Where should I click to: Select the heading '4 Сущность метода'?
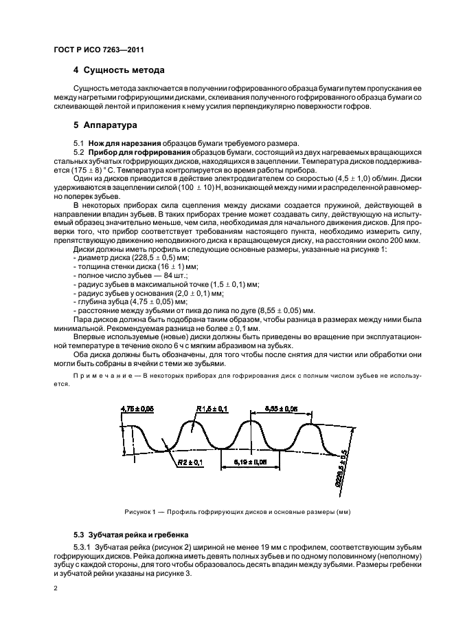tap(118, 70)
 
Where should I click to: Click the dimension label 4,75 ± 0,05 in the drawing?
tap(137, 409)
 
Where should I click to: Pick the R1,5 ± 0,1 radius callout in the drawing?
tap(214, 409)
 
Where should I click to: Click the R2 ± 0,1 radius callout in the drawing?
tap(190, 463)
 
